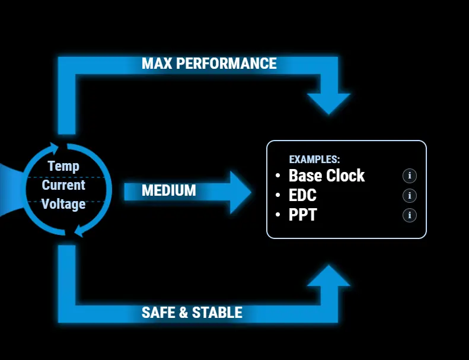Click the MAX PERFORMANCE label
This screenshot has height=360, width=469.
click(x=209, y=63)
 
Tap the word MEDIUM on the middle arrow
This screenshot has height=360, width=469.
click(x=169, y=190)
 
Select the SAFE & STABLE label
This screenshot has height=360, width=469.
click(x=192, y=313)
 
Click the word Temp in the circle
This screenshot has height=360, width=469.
click(x=63, y=166)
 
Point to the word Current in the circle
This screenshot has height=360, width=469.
click(x=63, y=185)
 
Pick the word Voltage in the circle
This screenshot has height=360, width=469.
click(x=63, y=204)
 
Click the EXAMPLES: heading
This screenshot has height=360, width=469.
click(x=314, y=160)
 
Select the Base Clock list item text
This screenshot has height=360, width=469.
click(x=327, y=176)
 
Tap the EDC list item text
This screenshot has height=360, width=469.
click(x=302, y=196)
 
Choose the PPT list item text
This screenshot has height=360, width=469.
click(x=302, y=215)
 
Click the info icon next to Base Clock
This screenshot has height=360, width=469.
click(x=410, y=176)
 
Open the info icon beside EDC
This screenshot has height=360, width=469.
click(x=410, y=196)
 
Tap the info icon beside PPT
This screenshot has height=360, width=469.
click(x=410, y=215)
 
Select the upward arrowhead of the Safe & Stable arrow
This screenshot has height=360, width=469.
click(x=329, y=276)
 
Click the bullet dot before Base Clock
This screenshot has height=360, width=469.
click(x=278, y=176)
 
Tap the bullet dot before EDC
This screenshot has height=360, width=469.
click(x=278, y=196)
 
